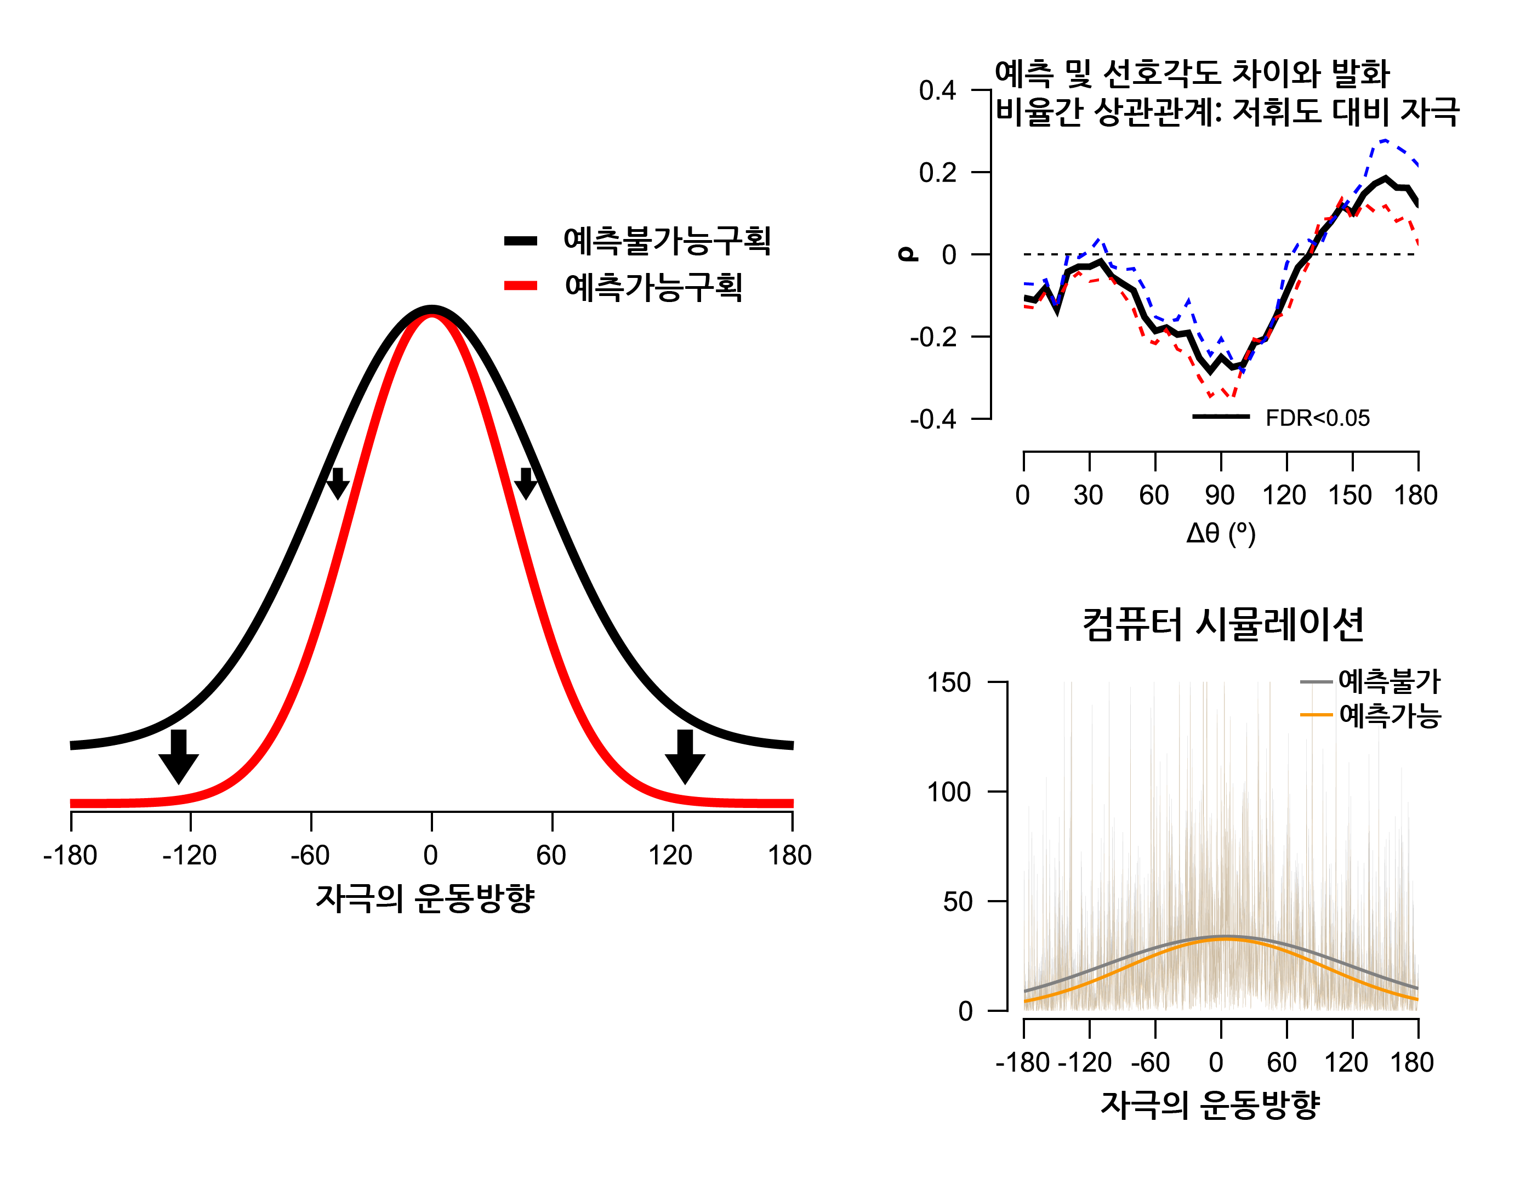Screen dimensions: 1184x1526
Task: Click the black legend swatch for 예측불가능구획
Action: coord(521,241)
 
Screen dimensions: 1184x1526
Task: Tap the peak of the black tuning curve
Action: coord(432,309)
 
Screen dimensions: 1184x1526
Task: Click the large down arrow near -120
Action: coord(179,758)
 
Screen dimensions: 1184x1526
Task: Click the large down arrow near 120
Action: coord(685,758)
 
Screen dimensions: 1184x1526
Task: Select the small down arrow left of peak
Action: coord(338,483)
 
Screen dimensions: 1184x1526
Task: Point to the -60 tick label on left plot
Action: coord(310,856)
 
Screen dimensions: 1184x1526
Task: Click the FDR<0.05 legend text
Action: coord(1317,419)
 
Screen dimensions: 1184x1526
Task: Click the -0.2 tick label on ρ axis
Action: coord(933,338)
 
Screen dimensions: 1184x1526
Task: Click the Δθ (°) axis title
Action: coord(1220,533)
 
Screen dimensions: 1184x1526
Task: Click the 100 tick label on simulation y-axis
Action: coord(948,793)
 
